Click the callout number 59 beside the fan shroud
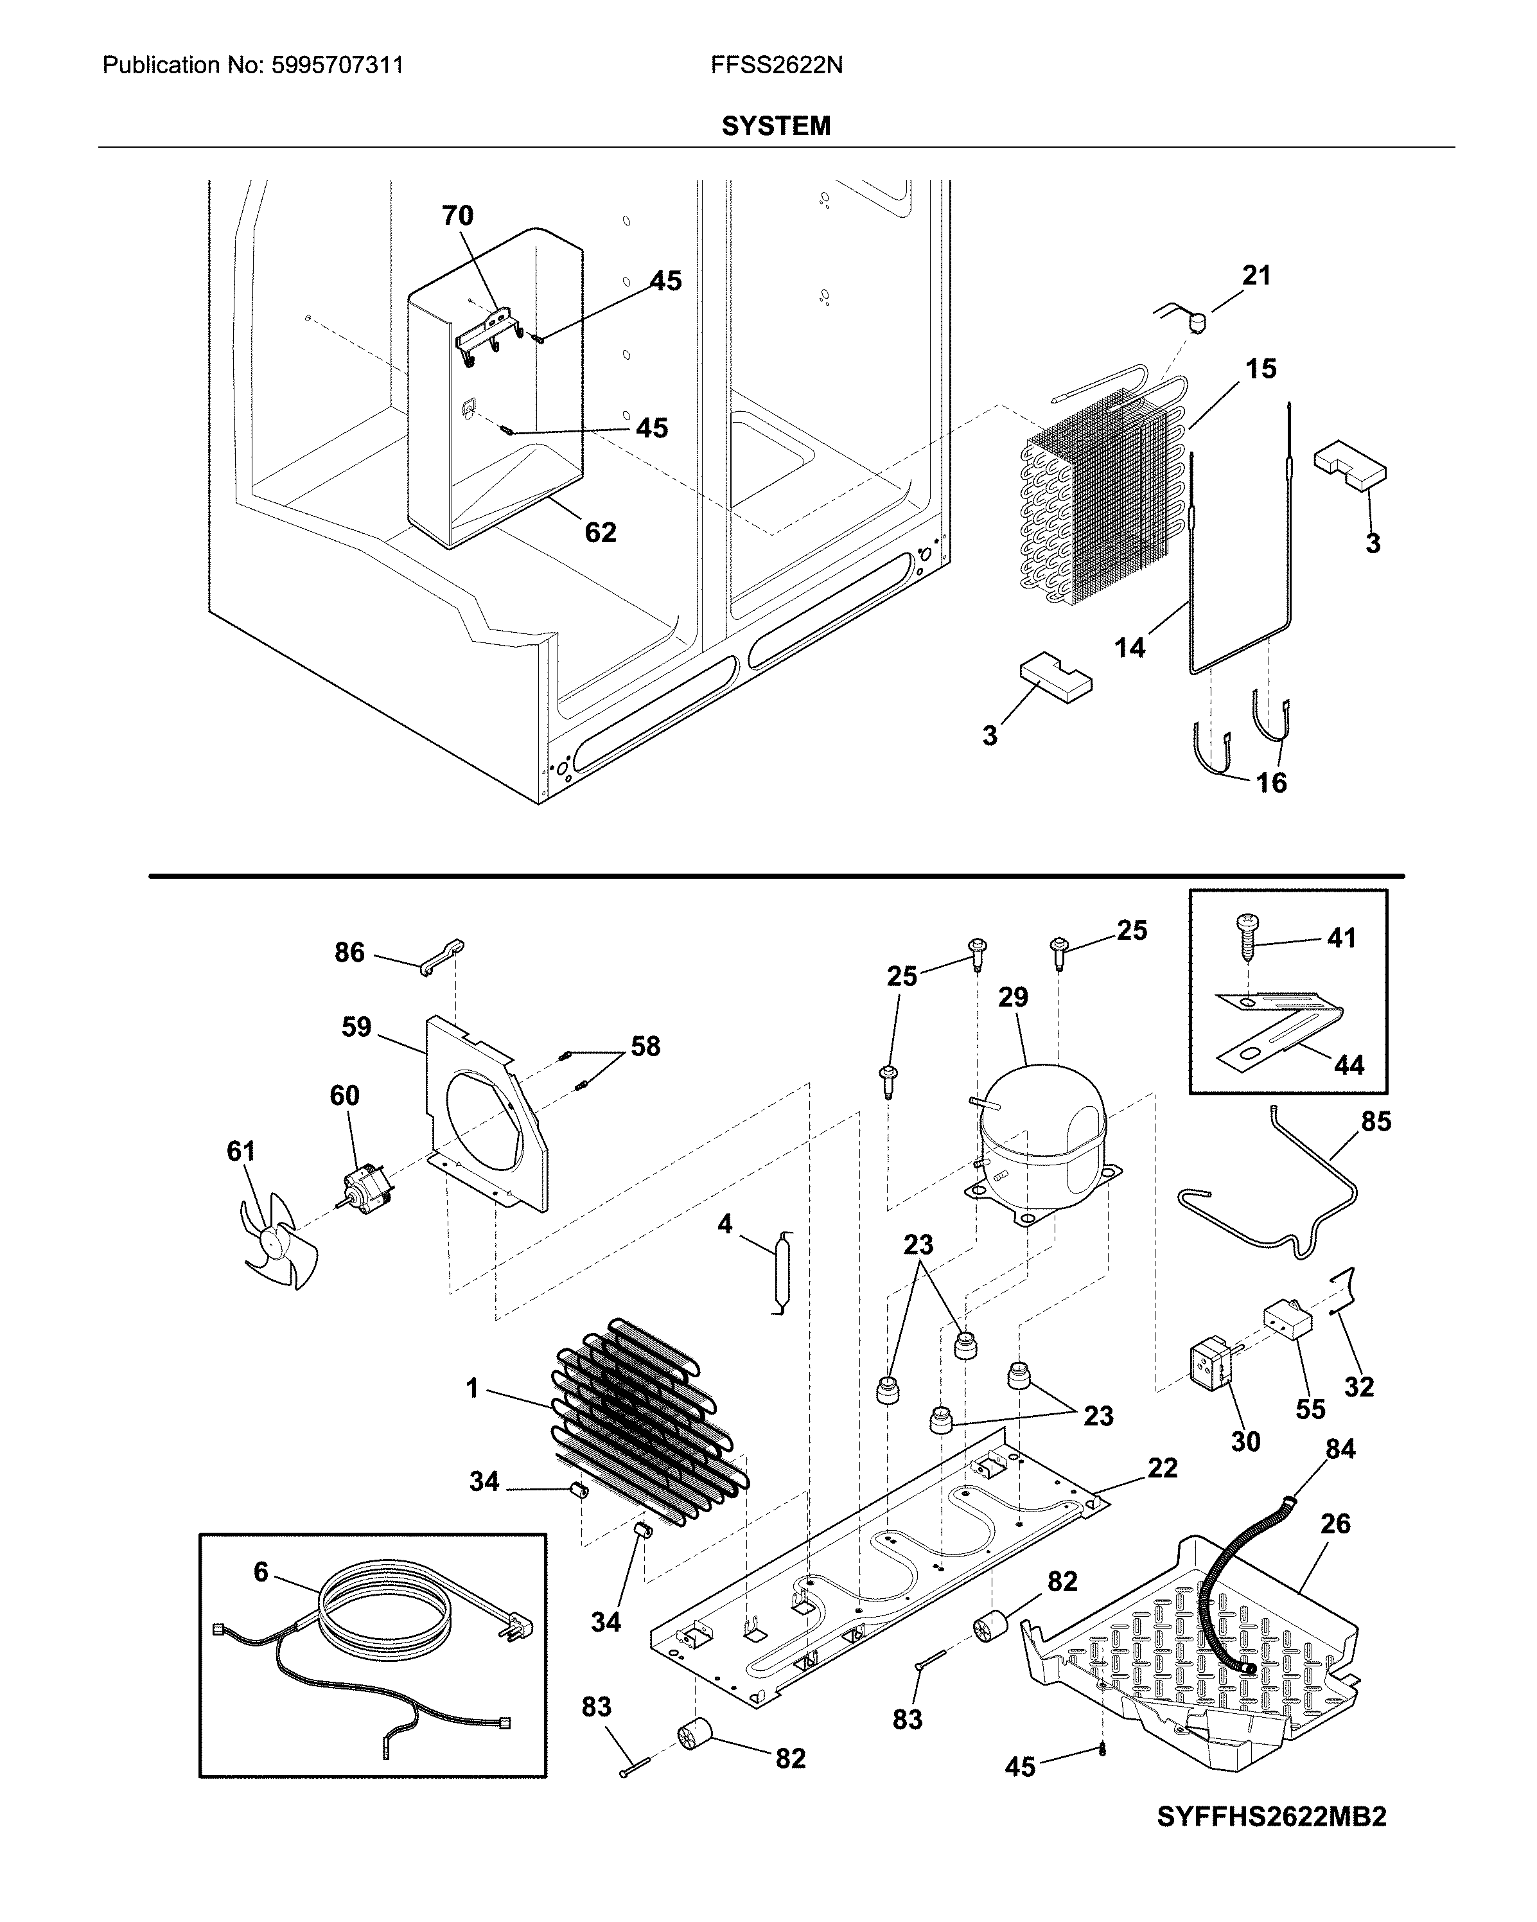click(356, 1027)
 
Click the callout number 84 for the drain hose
click(1340, 1449)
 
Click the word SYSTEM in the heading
click(776, 126)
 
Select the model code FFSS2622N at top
click(777, 65)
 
